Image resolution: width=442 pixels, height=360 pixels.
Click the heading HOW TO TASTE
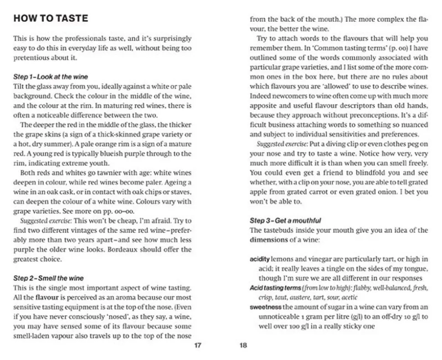pyautogui.click(x=51, y=19)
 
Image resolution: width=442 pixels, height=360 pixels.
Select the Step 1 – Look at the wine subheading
pyautogui.click(x=51, y=77)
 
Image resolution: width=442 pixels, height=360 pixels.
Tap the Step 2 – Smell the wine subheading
pyautogui.click(x=48, y=278)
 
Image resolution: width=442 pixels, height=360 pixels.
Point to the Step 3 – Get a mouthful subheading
pyautogui.click(x=285, y=221)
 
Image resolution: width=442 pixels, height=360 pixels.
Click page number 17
pyautogui.click(x=197, y=345)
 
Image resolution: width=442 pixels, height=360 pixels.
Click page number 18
pyautogui.click(x=243, y=345)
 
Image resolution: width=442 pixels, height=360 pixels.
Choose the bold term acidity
pyautogui.click(x=260, y=259)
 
